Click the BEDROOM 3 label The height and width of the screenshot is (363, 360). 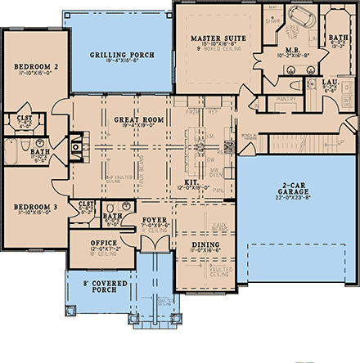tap(33, 207)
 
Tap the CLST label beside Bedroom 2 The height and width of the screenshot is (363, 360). tap(25, 118)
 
